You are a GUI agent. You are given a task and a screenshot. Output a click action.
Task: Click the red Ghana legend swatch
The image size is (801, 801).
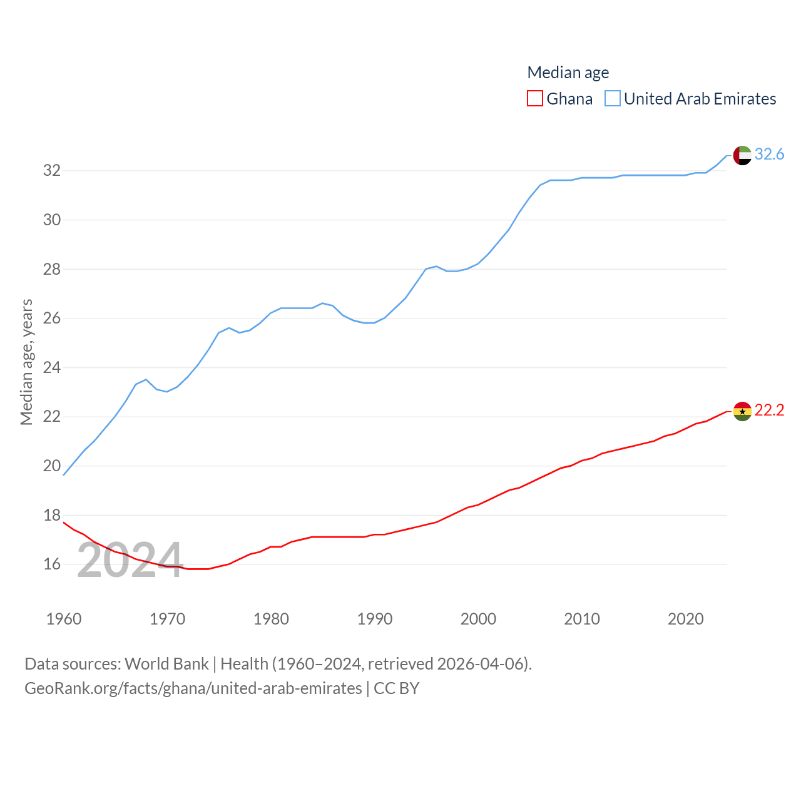coord(535,99)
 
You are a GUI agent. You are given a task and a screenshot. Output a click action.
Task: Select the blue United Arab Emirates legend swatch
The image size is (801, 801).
coord(613,99)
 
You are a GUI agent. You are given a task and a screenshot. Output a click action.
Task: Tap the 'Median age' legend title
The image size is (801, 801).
coord(568,73)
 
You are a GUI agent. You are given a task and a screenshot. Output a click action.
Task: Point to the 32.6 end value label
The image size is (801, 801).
coord(769,154)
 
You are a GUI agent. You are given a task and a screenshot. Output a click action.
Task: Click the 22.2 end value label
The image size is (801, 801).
coord(769,410)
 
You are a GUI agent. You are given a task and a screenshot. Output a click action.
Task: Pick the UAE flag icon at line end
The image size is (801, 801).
coord(742,155)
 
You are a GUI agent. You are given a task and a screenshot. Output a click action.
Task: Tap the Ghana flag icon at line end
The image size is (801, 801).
coord(742,411)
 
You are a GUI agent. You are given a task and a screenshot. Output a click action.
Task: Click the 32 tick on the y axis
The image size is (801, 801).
coord(52,171)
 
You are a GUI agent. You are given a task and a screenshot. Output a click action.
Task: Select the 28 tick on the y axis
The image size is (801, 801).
coord(52,269)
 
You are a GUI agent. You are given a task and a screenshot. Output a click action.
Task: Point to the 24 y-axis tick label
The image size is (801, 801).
coord(52,367)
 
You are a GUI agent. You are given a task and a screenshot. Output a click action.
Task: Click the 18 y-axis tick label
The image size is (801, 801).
coord(52,515)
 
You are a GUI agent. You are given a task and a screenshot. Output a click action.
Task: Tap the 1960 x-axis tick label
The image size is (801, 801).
coord(64,619)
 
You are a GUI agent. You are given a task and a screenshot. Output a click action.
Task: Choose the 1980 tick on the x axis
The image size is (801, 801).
coord(271,619)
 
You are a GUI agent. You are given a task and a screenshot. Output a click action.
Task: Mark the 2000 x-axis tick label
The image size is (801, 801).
coord(478,619)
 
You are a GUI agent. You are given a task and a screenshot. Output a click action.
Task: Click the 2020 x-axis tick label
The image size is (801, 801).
coord(685,619)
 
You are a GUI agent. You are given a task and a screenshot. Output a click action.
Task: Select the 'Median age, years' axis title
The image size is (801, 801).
coord(26,362)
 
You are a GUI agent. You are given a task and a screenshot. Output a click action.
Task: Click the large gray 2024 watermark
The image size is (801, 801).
coord(130,560)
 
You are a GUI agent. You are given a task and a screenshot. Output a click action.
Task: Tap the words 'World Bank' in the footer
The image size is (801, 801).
coord(166,663)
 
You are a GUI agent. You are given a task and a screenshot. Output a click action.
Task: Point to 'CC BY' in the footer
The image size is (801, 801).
coord(397,688)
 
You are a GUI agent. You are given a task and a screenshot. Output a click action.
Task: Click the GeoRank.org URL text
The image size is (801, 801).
coord(193,688)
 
